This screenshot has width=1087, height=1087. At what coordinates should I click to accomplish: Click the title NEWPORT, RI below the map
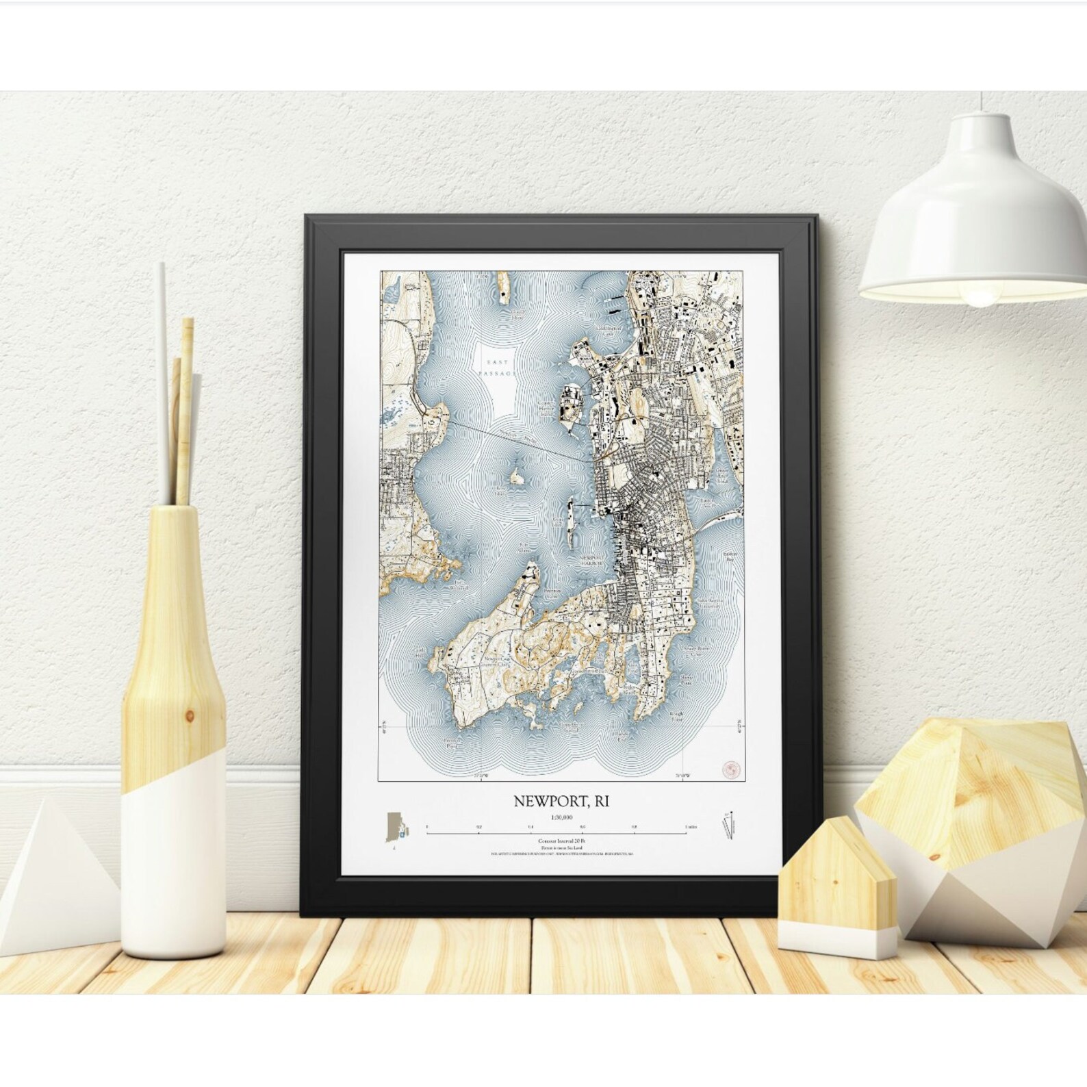pyautogui.click(x=561, y=801)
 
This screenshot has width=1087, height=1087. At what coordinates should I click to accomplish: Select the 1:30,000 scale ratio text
pyautogui.click(x=561, y=817)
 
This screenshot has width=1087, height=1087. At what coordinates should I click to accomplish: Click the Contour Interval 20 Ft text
pyautogui.click(x=561, y=840)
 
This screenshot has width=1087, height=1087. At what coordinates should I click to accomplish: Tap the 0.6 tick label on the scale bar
pyautogui.click(x=582, y=827)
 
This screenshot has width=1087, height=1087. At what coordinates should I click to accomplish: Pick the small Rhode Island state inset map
pyautogui.click(x=396, y=830)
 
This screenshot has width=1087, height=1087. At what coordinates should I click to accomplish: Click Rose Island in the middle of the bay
pyautogui.click(x=515, y=474)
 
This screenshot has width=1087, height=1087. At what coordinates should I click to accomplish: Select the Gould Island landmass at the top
pyautogui.click(x=503, y=287)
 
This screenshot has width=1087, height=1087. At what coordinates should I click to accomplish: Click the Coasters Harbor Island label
pyautogui.click(x=547, y=408)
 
